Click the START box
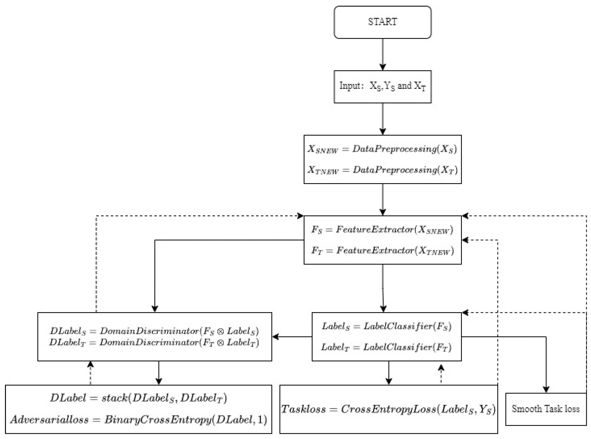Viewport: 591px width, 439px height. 382,22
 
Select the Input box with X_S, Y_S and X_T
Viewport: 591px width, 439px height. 382,87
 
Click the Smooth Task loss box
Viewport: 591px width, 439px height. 546,409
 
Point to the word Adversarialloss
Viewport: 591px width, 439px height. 49,420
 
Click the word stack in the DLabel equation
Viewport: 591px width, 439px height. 114,398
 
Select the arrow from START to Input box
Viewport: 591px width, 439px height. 382,54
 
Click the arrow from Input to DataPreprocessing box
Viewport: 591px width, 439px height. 382,119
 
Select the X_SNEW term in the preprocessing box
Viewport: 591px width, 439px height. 322,149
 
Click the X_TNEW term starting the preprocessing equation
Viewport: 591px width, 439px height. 323,170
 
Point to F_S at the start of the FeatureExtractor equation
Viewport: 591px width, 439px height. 317,230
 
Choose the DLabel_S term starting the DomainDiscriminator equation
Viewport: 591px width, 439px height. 68,331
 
